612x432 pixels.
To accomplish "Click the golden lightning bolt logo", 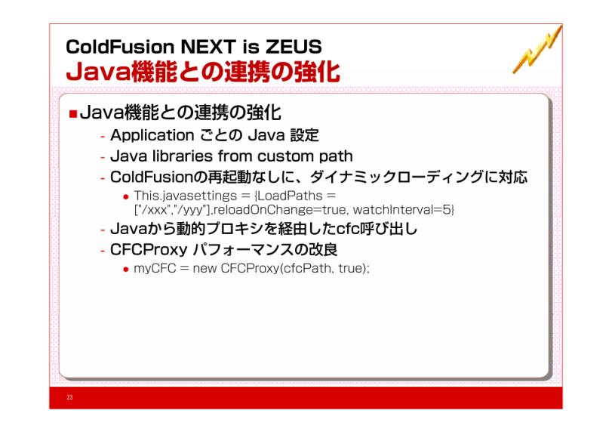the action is [x=537, y=50].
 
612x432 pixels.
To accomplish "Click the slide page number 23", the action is [x=69, y=397].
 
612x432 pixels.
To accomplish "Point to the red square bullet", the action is [x=73, y=114].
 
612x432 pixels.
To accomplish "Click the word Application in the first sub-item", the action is [x=152, y=136].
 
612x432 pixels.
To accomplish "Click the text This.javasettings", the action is [x=186, y=196].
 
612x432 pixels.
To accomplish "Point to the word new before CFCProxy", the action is [x=205, y=269].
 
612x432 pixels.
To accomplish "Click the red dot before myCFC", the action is [x=126, y=269].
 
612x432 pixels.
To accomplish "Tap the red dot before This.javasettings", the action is [x=126, y=197].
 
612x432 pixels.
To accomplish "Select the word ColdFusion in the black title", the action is [x=120, y=47].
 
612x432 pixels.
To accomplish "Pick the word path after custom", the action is [x=336, y=157].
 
